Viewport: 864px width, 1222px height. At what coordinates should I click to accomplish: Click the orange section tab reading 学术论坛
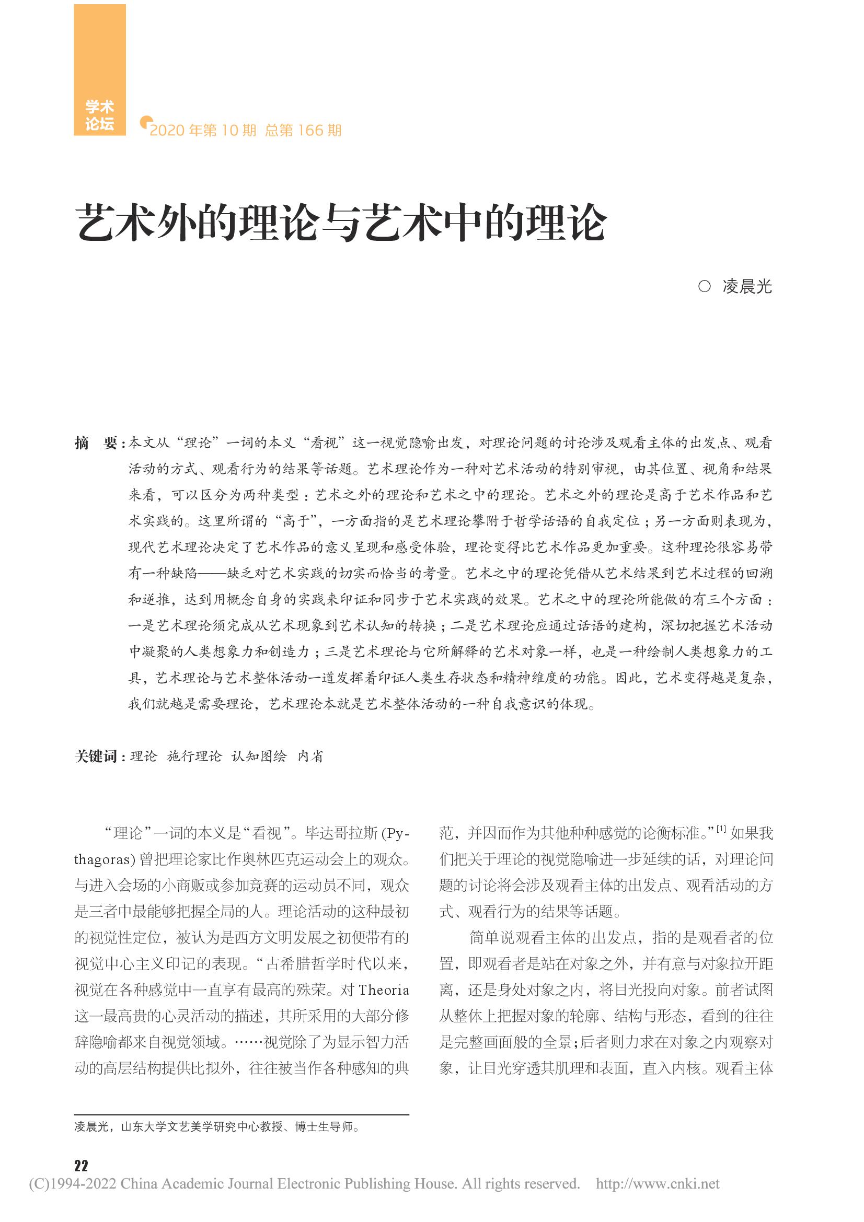(x=99, y=115)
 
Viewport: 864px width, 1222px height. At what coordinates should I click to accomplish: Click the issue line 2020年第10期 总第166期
(x=246, y=131)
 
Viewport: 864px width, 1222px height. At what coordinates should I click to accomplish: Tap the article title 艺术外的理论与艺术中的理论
(x=341, y=223)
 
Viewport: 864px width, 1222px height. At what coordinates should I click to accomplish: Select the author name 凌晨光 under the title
(x=747, y=287)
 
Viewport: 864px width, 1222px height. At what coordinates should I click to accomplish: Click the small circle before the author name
(x=704, y=287)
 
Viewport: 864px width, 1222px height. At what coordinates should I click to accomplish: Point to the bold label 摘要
(x=96, y=443)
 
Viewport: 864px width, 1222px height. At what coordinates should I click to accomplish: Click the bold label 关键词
(x=96, y=757)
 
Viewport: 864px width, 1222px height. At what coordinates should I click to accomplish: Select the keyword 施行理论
(x=194, y=757)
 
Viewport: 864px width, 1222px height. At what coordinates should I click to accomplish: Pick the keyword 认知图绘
(x=259, y=757)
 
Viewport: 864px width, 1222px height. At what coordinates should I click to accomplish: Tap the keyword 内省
(x=310, y=757)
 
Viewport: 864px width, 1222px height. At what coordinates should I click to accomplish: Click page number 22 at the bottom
(x=81, y=1166)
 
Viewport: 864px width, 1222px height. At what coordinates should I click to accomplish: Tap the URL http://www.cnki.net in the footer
(x=658, y=1184)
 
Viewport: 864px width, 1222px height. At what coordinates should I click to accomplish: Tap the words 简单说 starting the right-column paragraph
(x=491, y=938)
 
